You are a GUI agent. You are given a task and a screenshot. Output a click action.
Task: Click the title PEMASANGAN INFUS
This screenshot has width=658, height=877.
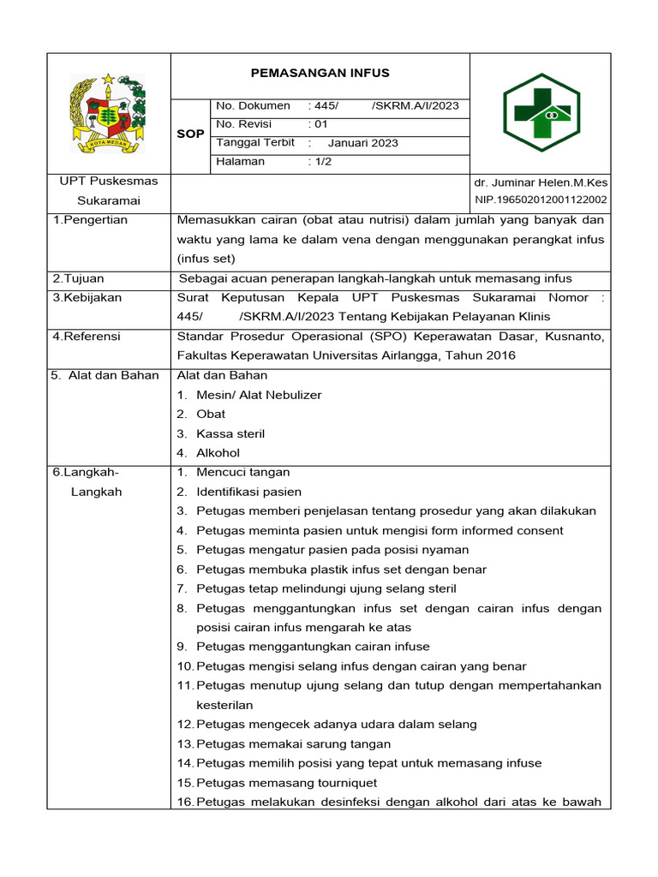click(x=320, y=73)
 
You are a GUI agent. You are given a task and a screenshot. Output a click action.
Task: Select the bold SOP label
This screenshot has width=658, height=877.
click(x=189, y=134)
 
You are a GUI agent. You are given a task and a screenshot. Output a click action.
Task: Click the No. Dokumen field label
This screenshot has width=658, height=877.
click(x=253, y=106)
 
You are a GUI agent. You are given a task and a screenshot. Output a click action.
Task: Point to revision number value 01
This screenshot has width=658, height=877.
click(x=318, y=124)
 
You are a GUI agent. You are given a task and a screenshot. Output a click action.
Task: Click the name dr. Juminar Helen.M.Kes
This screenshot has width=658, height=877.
click(x=540, y=183)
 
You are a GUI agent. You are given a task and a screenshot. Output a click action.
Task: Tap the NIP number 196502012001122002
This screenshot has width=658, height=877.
click(x=540, y=200)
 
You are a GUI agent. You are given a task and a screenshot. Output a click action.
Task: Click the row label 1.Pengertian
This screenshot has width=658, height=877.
click(x=90, y=220)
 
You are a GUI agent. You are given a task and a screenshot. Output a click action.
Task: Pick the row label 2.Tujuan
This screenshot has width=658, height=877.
click(x=78, y=278)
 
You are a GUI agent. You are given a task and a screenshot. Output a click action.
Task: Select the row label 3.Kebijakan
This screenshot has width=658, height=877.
click(x=87, y=298)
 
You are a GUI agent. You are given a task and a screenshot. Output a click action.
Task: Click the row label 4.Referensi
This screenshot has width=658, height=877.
click(x=87, y=337)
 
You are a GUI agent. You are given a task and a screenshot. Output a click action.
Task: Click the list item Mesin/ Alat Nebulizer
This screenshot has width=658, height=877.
click(x=258, y=395)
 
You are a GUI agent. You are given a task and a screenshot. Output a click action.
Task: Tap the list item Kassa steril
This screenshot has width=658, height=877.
click(x=230, y=433)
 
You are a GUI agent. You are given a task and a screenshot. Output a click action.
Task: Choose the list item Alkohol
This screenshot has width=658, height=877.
click(x=218, y=453)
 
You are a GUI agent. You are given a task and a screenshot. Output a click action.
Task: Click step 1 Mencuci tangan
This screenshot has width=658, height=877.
click(x=242, y=472)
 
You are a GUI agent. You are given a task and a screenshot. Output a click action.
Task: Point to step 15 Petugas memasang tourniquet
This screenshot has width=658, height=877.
click(x=286, y=783)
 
